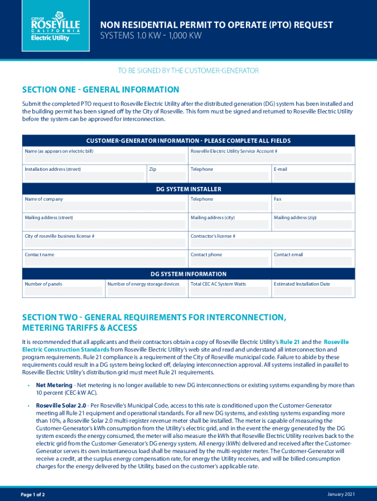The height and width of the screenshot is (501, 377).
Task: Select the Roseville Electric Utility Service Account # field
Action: point(271,158)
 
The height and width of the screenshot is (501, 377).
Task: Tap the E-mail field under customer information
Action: point(312,177)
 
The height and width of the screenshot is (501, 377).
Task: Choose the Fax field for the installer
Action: point(312,206)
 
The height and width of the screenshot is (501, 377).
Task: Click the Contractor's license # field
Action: point(271,243)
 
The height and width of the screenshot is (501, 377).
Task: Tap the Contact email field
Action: point(312,262)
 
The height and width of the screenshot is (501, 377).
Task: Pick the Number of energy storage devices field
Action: point(146,291)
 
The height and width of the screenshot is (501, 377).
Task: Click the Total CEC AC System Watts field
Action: point(229,291)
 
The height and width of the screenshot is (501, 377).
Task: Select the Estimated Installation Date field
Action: point(312,291)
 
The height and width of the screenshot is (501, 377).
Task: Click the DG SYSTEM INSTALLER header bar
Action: point(188,189)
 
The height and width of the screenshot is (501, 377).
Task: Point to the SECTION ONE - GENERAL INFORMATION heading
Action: point(101,90)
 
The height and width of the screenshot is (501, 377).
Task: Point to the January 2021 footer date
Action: point(341,494)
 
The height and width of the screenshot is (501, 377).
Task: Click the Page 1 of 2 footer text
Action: point(33,495)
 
